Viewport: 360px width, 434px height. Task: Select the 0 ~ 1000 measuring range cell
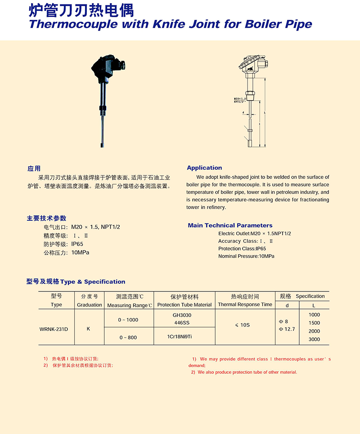point(128,320)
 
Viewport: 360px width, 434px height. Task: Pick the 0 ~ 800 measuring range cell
point(128,337)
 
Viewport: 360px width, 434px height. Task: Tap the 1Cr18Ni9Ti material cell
point(184,336)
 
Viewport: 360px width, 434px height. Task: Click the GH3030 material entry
point(184,315)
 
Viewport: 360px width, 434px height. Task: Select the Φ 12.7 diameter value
point(287,329)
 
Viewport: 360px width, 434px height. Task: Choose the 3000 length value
point(314,339)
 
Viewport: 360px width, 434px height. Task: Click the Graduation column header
point(90,304)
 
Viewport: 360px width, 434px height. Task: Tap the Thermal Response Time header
point(245,304)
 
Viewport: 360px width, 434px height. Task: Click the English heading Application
point(204,168)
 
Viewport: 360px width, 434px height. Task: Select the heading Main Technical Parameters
point(230,225)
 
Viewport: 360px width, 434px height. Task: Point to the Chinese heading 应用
point(34,169)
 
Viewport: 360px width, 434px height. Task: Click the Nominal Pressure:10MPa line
point(246,256)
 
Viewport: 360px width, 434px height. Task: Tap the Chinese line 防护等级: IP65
point(63,244)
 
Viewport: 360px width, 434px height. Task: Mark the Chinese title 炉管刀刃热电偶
point(81,9)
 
